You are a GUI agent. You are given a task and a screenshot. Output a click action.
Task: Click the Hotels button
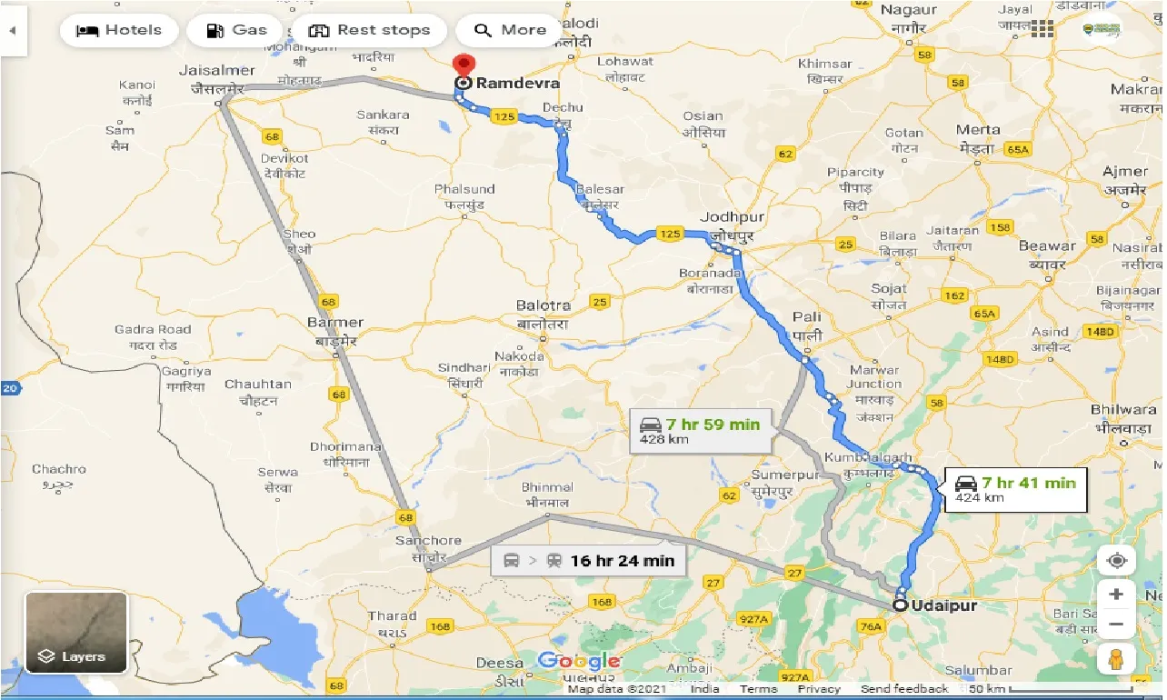coord(118,30)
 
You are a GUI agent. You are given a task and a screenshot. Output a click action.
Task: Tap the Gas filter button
coord(235,30)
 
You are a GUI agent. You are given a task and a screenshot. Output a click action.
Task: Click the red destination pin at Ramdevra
coord(464,66)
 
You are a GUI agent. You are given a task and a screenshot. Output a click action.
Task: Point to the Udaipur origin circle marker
coord(900,605)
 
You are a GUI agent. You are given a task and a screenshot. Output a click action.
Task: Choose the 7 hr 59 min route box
coord(701,431)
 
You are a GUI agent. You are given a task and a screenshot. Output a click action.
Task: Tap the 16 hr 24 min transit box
coord(588,560)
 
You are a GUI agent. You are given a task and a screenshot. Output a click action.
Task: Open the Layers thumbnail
coord(75,633)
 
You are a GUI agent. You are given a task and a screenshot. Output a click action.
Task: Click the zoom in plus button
coord(1116,595)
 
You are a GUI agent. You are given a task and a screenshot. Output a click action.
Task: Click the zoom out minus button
coord(1116,625)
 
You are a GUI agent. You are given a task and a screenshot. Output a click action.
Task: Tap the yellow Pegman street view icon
coord(1116,659)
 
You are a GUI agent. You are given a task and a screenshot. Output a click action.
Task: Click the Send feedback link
coord(904,689)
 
